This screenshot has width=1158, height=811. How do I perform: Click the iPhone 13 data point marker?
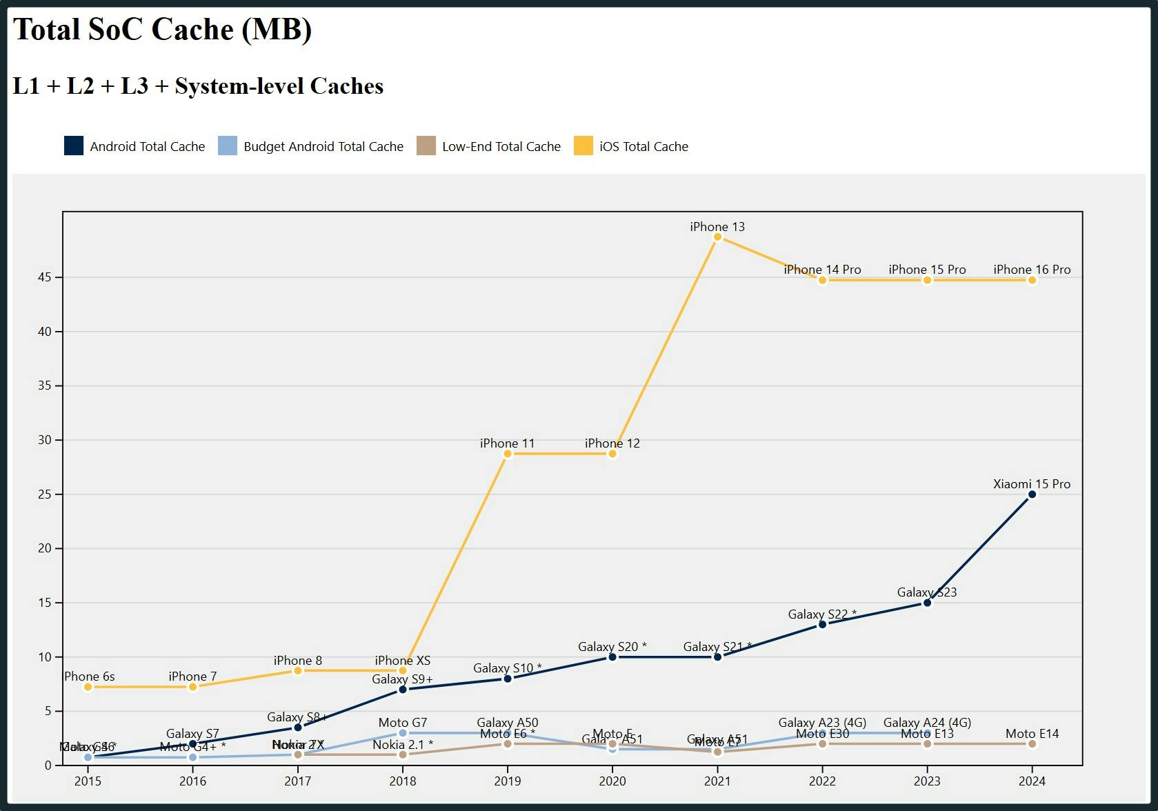click(717, 237)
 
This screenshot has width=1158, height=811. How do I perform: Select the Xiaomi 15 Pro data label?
click(1031, 484)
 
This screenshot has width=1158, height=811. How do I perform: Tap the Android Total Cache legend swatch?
click(74, 146)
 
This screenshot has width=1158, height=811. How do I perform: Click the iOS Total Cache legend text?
click(643, 146)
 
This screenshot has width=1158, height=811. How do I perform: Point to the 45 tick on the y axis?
click(45, 277)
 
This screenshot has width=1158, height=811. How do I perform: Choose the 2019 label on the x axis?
click(508, 781)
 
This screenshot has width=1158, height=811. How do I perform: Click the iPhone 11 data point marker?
click(508, 454)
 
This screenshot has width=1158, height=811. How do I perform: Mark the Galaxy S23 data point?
click(927, 603)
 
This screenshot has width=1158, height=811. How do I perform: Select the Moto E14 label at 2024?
click(1031, 734)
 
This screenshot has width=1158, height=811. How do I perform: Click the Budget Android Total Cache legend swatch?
click(228, 146)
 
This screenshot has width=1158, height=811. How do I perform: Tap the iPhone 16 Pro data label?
click(1031, 270)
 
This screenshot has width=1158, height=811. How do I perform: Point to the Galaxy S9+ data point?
click(403, 690)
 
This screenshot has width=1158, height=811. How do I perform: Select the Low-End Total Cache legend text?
click(501, 146)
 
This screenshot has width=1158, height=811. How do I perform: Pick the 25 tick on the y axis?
click(45, 494)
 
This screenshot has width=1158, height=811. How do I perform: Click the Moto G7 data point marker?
click(403, 733)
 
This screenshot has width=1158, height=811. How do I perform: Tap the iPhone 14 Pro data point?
click(822, 280)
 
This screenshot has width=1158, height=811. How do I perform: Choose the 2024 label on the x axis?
click(1031, 781)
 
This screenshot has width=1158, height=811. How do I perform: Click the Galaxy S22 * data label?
click(822, 614)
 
